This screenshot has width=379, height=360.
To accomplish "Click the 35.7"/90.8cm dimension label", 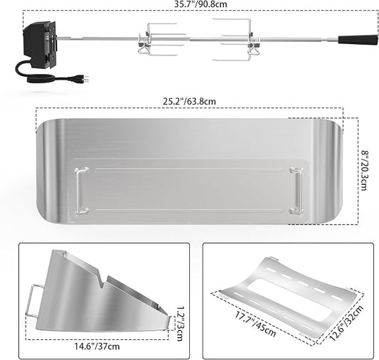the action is [x=201, y=4].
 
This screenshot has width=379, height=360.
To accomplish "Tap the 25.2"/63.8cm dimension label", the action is [x=189, y=101].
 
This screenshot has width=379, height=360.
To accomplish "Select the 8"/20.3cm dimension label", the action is [x=363, y=171].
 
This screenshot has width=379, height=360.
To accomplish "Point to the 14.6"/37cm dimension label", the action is [x=97, y=346].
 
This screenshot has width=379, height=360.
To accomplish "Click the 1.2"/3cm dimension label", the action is [x=180, y=324].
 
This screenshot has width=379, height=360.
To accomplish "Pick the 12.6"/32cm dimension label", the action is [x=346, y=323].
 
